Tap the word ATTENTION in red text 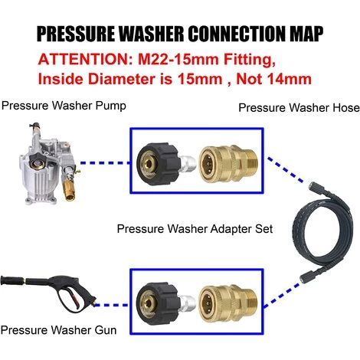point(83,59)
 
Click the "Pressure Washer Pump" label point(64,106)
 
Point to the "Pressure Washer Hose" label point(299,107)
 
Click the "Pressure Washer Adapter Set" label point(195,228)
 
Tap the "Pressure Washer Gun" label point(58,330)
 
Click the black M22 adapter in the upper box point(159,163)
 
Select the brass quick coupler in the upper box point(228,163)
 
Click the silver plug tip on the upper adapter point(188,163)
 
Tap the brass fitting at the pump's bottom point(68,190)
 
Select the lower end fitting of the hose point(305,277)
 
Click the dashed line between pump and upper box point(105,163)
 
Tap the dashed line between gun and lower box point(111,305)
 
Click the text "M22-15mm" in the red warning point(178,59)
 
